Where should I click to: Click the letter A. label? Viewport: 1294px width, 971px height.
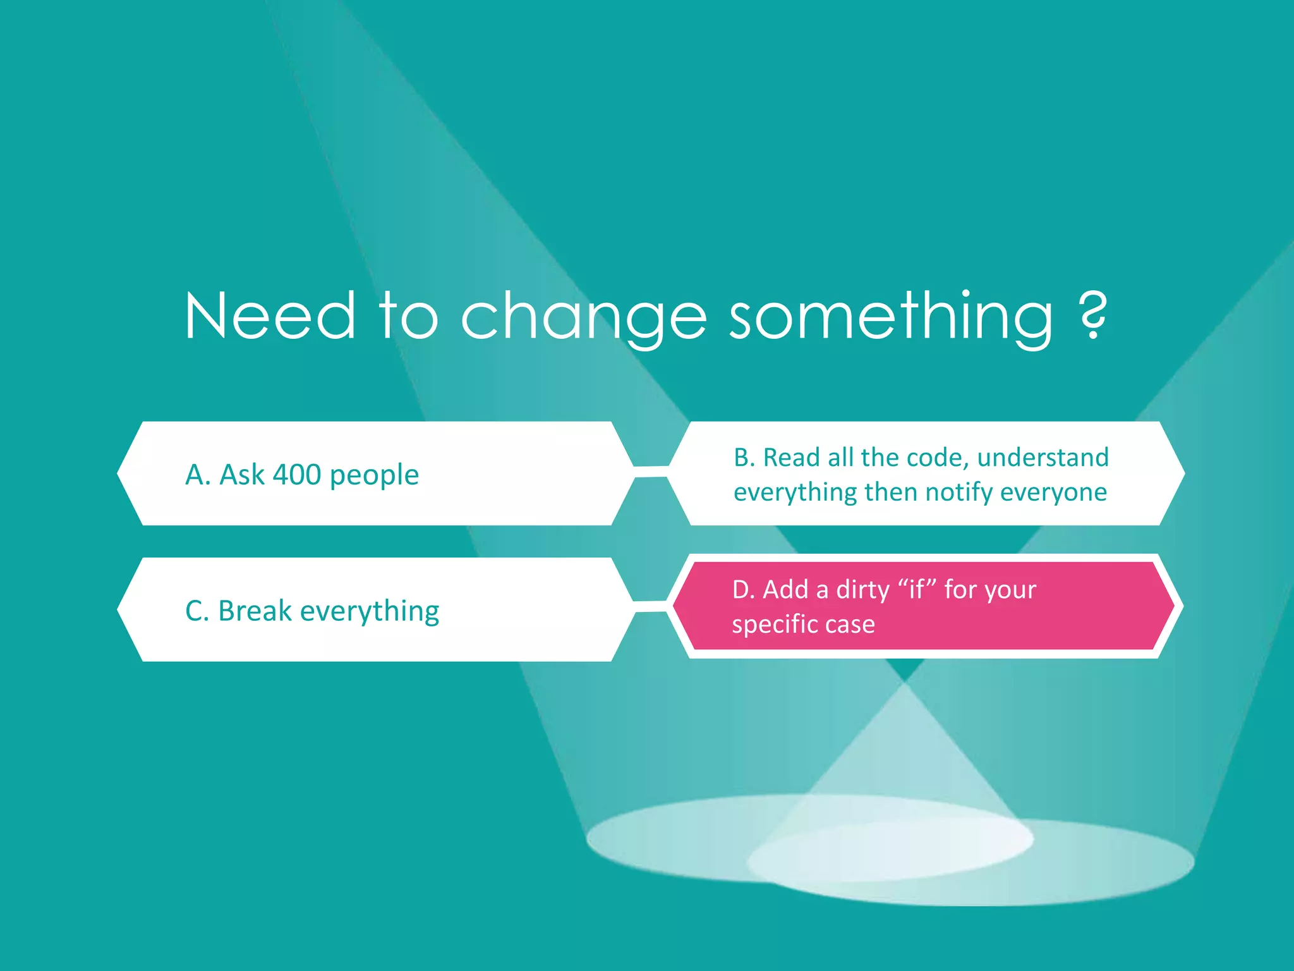pyautogui.click(x=198, y=475)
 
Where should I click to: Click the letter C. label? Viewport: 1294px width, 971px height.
pyautogui.click(x=197, y=611)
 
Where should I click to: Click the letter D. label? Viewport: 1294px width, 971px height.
pyautogui.click(x=744, y=590)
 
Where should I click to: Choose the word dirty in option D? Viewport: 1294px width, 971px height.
pyautogui.click(x=862, y=590)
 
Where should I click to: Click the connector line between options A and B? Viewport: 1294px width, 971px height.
pyautogui.click(x=651, y=472)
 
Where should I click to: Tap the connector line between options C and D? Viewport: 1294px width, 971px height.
pyautogui.click(x=651, y=606)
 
